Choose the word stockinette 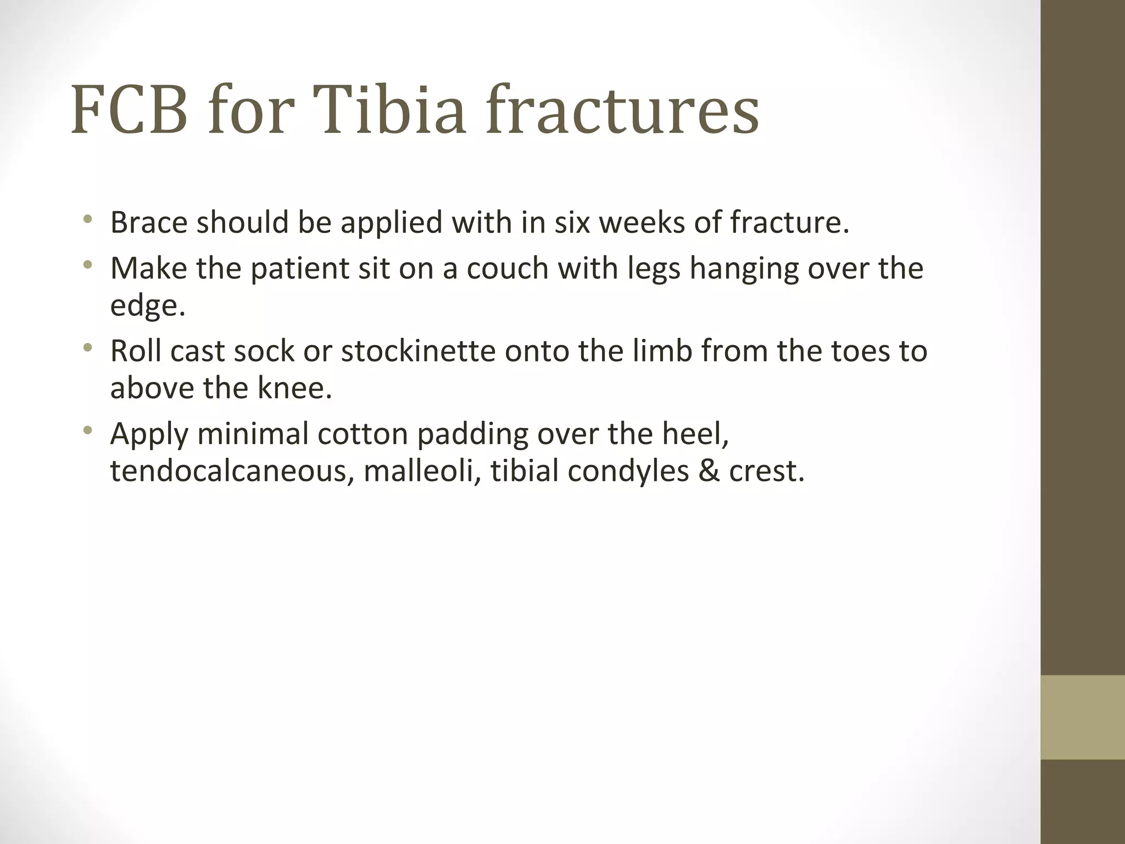418,351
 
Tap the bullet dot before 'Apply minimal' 87,431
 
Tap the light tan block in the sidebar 1083,717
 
